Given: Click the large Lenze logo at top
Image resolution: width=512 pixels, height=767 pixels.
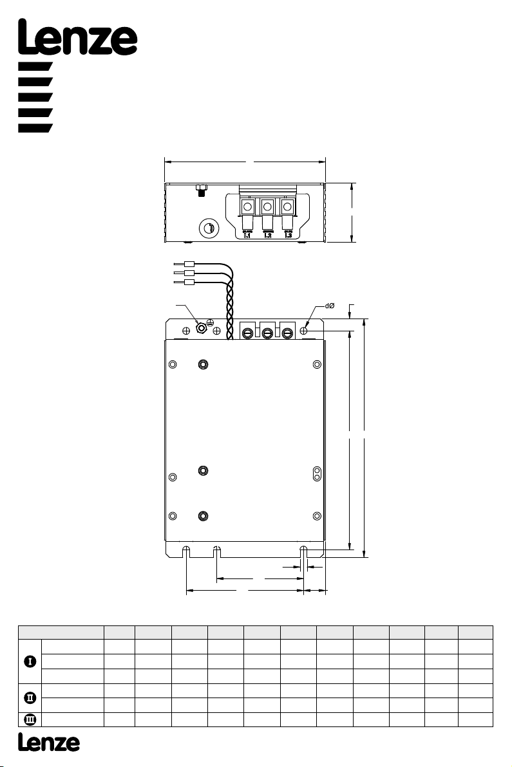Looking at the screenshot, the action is (77, 37).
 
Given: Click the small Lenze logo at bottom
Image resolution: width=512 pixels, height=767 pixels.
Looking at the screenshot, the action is (49, 743).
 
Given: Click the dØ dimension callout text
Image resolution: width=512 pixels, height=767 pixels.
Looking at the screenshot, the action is (330, 306).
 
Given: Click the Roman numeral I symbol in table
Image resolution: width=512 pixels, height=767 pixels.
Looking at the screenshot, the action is (30, 661).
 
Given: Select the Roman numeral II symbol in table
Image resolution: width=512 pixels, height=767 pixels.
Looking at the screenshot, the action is (30, 698).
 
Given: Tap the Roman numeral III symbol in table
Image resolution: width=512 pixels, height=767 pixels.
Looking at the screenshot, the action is (30, 719).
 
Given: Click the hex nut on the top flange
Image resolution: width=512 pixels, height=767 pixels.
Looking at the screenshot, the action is (200, 328).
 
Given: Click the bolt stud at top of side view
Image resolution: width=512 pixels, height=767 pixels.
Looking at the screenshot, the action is (201, 190).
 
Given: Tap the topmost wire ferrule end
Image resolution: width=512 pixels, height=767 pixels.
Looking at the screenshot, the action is (189, 264).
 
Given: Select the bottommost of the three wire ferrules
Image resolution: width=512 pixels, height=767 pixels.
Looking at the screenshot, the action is (189, 282).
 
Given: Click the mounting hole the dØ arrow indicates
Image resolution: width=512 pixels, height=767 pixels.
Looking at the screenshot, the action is (304, 331).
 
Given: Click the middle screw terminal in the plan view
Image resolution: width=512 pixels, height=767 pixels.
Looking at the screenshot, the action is (267, 333).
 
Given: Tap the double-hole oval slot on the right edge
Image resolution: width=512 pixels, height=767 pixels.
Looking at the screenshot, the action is (318, 474).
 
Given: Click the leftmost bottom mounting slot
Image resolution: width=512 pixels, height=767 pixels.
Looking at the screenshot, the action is (186, 552).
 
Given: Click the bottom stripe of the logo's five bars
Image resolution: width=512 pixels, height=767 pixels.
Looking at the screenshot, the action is (35, 128).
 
